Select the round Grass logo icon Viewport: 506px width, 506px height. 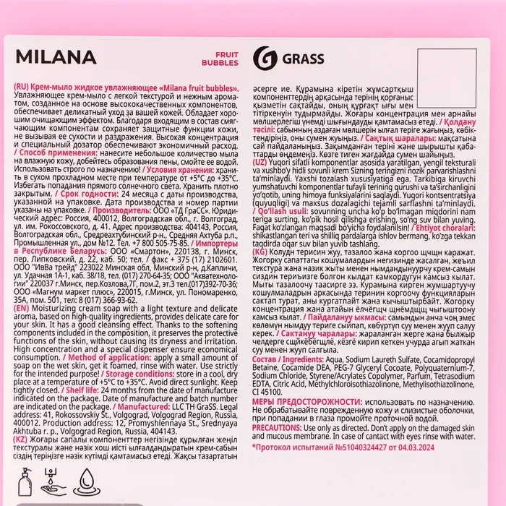point(263,58)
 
